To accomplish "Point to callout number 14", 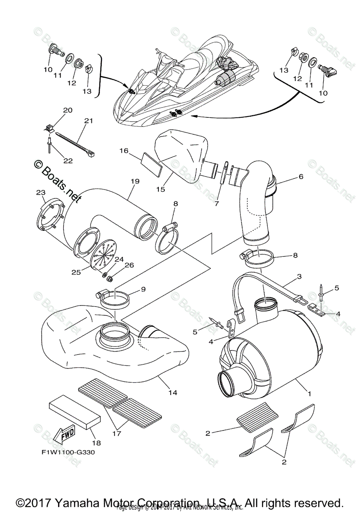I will tap(173, 392).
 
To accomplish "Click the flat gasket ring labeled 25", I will tap(86, 243).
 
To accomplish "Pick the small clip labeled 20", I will tap(50, 127).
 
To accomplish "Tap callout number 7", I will tap(217, 204).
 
